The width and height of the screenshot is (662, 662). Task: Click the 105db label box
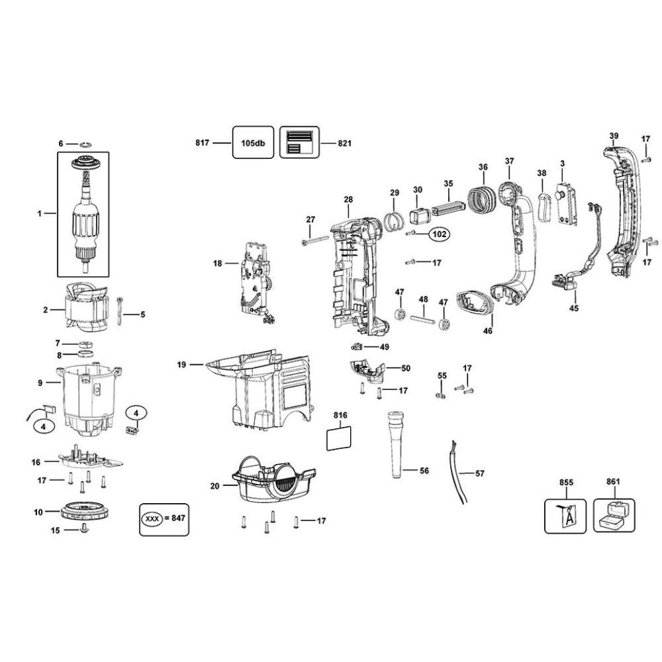(x=253, y=142)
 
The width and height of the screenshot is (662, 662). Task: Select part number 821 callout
(x=344, y=143)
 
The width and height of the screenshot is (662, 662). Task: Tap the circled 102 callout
(x=440, y=234)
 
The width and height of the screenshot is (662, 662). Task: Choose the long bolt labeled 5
(x=120, y=311)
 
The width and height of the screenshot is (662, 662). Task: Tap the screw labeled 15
(x=84, y=528)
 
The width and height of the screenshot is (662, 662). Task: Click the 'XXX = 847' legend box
(x=164, y=519)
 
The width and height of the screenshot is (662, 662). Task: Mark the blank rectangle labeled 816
(x=339, y=438)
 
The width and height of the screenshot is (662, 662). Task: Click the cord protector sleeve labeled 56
(x=395, y=444)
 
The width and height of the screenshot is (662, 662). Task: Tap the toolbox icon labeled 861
(x=614, y=516)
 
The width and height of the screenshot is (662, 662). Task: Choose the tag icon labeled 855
(x=565, y=516)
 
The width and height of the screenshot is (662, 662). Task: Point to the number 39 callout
(x=614, y=136)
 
